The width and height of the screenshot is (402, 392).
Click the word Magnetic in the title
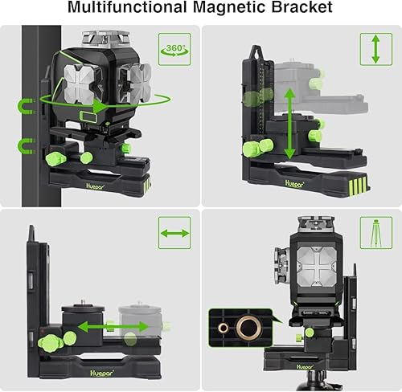(x=230, y=7)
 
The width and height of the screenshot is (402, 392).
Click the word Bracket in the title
(x=302, y=7)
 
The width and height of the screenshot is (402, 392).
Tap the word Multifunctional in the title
(x=128, y=7)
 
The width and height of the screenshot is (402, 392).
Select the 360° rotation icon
(x=174, y=49)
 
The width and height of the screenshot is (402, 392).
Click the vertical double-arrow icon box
(x=376, y=49)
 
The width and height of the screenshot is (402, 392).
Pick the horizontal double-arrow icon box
(x=174, y=233)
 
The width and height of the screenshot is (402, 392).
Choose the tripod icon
(x=376, y=233)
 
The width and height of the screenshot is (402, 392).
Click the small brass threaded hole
(x=223, y=327)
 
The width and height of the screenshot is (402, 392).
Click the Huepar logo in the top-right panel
(x=294, y=184)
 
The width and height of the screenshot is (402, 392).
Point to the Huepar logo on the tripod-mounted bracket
(x=305, y=367)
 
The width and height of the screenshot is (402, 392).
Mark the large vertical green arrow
(x=289, y=124)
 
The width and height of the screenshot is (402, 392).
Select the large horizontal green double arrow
(x=113, y=326)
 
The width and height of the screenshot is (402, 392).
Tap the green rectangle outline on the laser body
(x=88, y=117)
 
